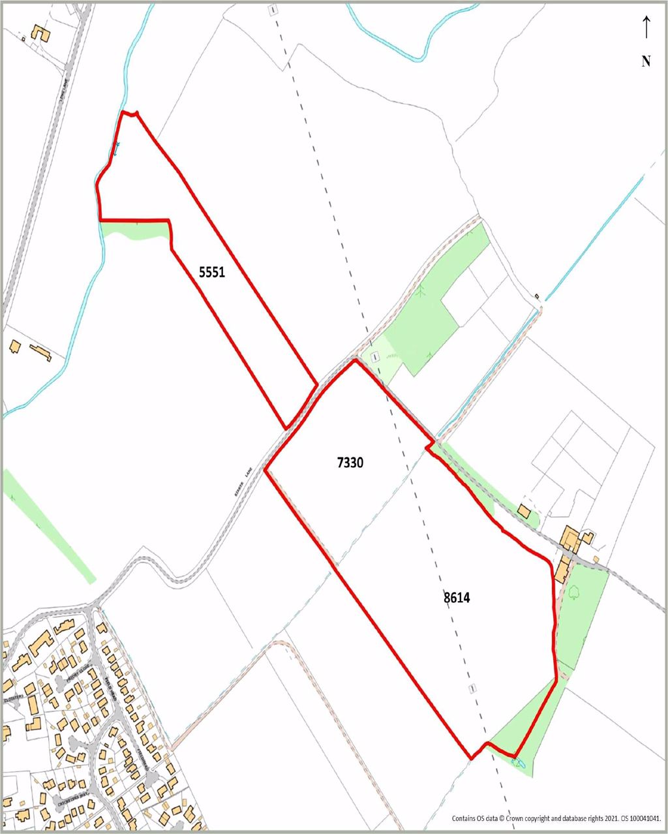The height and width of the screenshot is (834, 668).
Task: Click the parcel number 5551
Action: [x=212, y=272]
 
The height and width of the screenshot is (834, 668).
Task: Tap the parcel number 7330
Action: [x=350, y=463]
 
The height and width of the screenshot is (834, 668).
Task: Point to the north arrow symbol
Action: [x=646, y=27]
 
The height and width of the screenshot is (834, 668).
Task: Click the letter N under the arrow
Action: [x=646, y=61]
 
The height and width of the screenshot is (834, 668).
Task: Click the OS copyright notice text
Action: [x=558, y=818]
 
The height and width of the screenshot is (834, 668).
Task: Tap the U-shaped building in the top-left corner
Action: [x=40, y=33]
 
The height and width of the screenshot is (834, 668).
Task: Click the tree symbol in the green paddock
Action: [x=574, y=593]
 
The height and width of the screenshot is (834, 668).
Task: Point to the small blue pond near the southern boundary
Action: [x=517, y=762]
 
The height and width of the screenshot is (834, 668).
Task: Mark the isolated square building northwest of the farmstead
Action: [x=524, y=510]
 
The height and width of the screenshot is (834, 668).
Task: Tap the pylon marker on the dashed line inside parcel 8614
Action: [x=472, y=689]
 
